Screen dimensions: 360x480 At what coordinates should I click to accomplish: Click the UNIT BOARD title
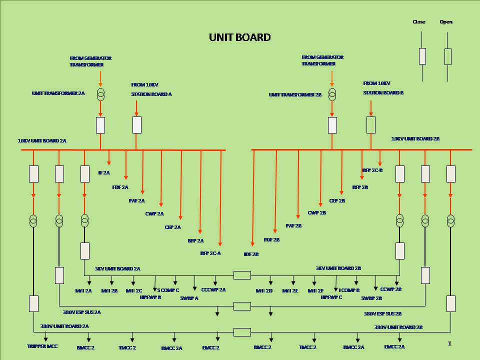(x=239, y=37)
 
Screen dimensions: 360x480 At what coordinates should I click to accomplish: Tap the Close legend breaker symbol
(x=422, y=56)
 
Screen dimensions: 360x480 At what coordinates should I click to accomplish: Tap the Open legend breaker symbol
(x=448, y=56)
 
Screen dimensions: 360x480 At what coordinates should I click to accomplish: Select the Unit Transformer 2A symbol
(x=100, y=93)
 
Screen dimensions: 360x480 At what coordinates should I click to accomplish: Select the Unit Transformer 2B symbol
(x=332, y=93)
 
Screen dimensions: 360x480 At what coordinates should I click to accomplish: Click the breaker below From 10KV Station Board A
(x=137, y=125)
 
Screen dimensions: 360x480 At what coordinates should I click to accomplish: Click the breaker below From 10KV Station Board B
(x=371, y=125)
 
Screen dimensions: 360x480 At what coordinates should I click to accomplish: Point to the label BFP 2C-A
(x=210, y=253)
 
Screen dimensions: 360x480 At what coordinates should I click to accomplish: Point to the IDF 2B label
(x=251, y=254)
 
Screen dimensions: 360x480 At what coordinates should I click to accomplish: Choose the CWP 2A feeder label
(x=154, y=213)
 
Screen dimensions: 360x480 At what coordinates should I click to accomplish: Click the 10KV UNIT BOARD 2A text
(x=42, y=141)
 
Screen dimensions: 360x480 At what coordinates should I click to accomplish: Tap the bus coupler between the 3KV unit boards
(x=242, y=275)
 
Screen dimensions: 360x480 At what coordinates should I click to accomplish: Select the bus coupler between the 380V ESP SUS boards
(x=242, y=306)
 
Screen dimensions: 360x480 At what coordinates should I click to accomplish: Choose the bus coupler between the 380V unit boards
(x=242, y=332)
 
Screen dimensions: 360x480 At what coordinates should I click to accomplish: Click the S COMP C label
(x=168, y=290)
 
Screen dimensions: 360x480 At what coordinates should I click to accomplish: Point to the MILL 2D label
(x=264, y=290)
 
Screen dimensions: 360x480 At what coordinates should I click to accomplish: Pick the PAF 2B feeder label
(x=293, y=226)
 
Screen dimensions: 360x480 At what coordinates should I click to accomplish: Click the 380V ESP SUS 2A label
(x=81, y=312)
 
